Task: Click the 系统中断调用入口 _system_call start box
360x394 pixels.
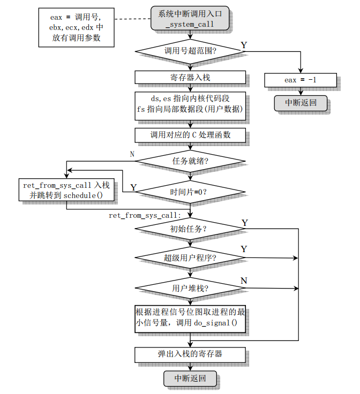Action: pyautogui.click(x=190, y=19)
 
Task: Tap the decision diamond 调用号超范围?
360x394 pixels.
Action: pyautogui.click(x=190, y=51)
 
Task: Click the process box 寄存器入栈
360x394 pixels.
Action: pyautogui.click(x=190, y=78)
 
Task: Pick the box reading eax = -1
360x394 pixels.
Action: pyautogui.click(x=300, y=80)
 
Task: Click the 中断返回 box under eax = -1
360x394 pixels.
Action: pyautogui.click(x=300, y=103)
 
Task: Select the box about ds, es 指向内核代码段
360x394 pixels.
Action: pyautogui.click(x=190, y=104)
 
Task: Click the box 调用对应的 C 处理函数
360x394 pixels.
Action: pyautogui.click(x=190, y=135)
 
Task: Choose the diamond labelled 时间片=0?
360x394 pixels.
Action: pyautogui.click(x=190, y=191)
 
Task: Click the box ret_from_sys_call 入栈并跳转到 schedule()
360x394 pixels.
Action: pyautogui.click(x=66, y=190)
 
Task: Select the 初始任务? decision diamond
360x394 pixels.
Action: pyautogui.click(x=190, y=229)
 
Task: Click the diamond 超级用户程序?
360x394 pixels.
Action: pyautogui.click(x=190, y=258)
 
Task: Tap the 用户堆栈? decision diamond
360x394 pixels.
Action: pyautogui.click(x=190, y=289)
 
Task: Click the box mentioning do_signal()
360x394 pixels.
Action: pyautogui.click(x=190, y=318)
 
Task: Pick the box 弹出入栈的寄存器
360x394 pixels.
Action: pyautogui.click(x=190, y=354)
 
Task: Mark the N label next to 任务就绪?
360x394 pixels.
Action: pyautogui.click(x=132, y=154)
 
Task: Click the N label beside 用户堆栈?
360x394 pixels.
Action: pyautogui.click(x=244, y=281)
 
